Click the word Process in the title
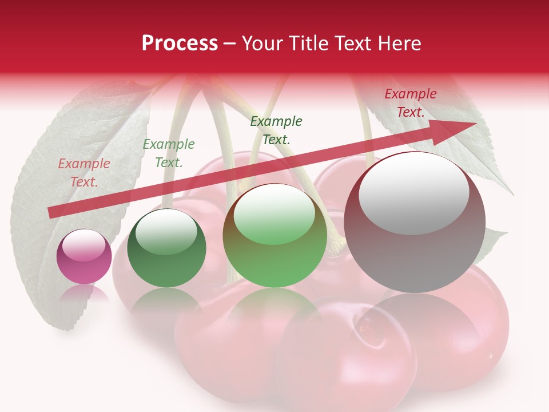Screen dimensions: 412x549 pyautogui.click(x=180, y=43)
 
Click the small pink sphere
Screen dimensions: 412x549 pyautogui.click(x=84, y=256)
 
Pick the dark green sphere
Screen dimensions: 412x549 pyautogui.click(x=166, y=248)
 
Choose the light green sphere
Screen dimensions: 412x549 pyautogui.click(x=275, y=236)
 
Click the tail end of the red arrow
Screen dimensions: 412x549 pyautogui.click(x=52, y=213)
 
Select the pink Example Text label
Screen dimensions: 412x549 pyautogui.click(x=84, y=173)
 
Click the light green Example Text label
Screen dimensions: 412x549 pyautogui.click(x=168, y=153)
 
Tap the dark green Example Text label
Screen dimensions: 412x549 pyautogui.click(x=276, y=130)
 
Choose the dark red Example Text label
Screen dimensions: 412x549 pyautogui.click(x=410, y=103)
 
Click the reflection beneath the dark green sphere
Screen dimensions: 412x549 pyautogui.click(x=166, y=300)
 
